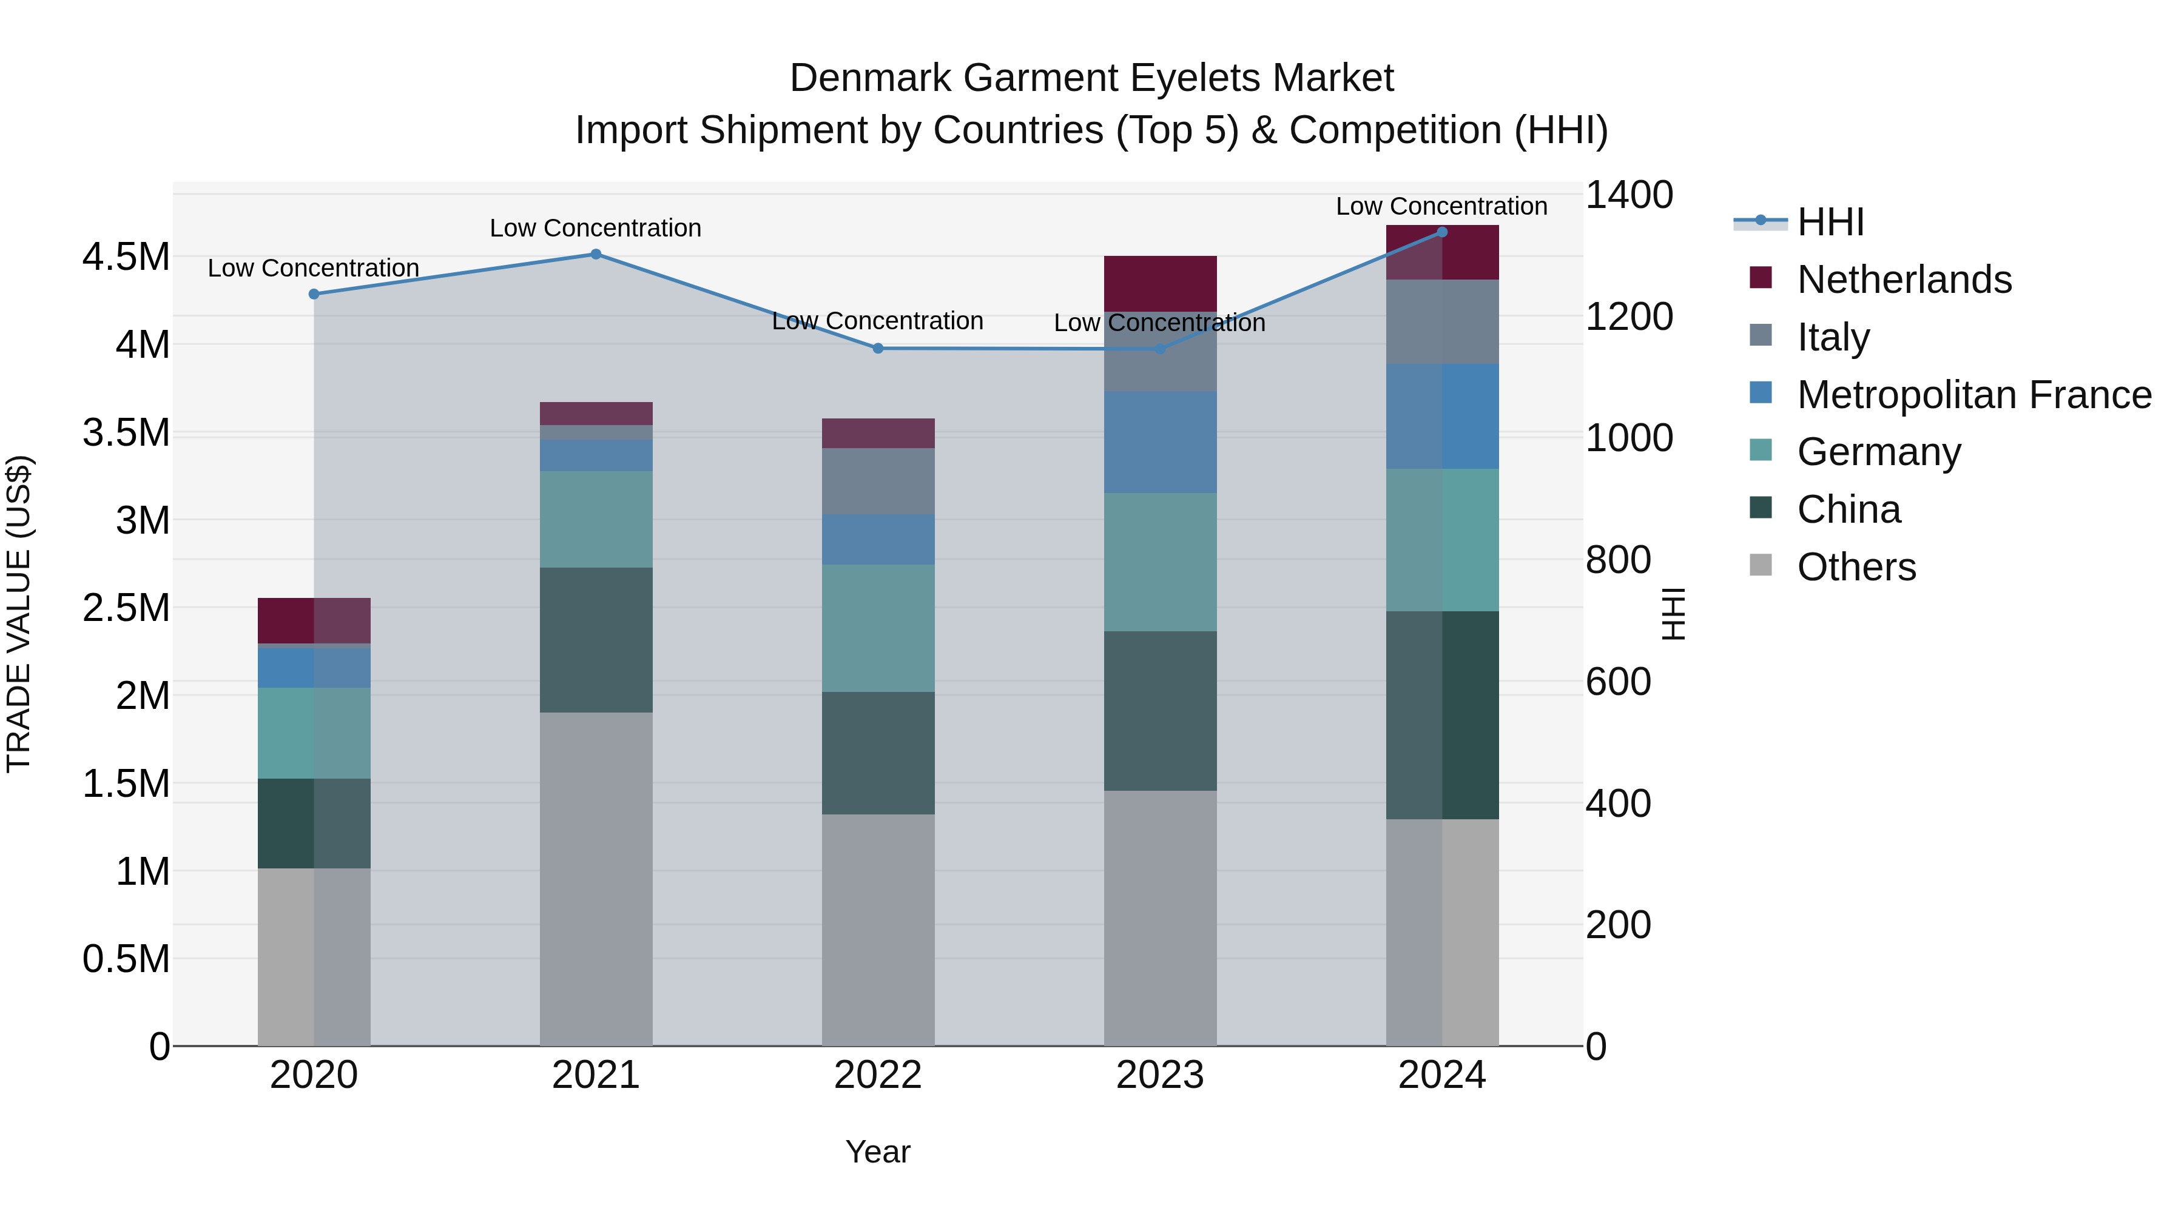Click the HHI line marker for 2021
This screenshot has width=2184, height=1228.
(x=595, y=254)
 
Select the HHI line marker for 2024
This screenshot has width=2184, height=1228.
(x=1442, y=232)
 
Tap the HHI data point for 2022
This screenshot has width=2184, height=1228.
(x=878, y=348)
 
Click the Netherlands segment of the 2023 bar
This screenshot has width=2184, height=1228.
(x=1160, y=283)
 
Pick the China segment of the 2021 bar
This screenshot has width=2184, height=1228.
(x=596, y=640)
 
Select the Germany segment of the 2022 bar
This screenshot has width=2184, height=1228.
(x=878, y=628)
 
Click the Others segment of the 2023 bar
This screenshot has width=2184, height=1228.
(x=1160, y=918)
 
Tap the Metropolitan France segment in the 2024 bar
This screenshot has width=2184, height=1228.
(x=1442, y=416)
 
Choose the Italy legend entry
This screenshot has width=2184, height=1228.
(x=1833, y=337)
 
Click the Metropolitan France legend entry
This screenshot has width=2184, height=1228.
(x=1973, y=394)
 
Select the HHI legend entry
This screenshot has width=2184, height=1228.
(x=1830, y=222)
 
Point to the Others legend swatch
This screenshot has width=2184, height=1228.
(x=1761, y=565)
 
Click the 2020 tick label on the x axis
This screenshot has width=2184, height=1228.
(x=314, y=1075)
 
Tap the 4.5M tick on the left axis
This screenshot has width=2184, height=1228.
(x=126, y=257)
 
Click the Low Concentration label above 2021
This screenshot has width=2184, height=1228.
(x=595, y=228)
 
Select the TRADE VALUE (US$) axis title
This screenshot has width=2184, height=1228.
(x=19, y=614)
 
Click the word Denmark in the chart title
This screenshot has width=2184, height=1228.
(x=870, y=78)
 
